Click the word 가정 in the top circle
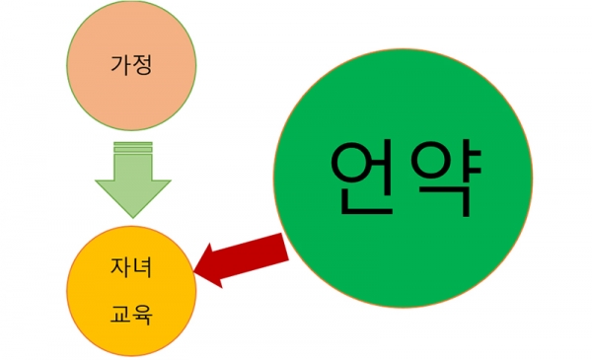point(132,66)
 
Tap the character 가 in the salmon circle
point(119,66)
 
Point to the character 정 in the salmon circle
point(144,66)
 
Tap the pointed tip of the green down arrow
point(132,215)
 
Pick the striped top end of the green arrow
point(132,147)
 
